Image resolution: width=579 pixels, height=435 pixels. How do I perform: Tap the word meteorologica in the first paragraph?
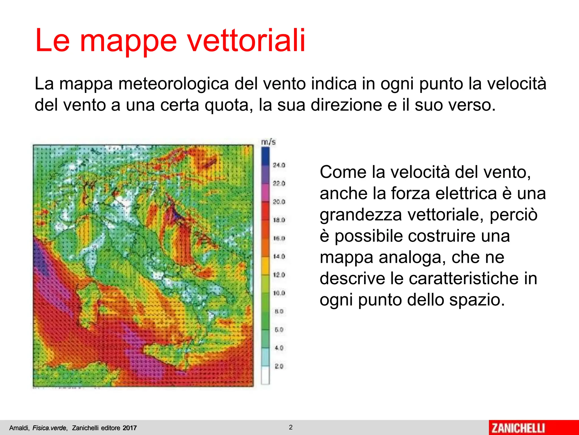coord(173,84)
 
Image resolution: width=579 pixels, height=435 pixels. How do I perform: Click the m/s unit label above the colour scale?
coord(268,142)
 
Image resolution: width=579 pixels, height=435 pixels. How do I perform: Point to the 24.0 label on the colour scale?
coord(279,165)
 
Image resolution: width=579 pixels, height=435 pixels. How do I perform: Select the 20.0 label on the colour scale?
coord(279,202)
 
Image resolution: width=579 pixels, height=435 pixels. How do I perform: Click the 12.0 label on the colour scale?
coord(279,275)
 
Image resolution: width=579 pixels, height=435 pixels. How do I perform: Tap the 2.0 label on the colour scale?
coord(279,366)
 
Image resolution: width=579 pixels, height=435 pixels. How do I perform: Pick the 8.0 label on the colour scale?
coord(279,311)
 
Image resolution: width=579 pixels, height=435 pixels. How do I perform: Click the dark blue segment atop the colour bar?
coord(265,156)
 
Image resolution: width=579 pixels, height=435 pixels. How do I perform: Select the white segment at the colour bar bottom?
coord(265,375)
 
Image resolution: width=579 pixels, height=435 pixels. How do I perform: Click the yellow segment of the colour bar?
coord(265,266)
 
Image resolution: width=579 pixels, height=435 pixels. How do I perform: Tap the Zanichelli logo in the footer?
coord(518,428)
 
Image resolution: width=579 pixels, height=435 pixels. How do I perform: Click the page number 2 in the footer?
coord(291,427)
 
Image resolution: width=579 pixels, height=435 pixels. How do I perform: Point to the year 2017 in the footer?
coord(129,428)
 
